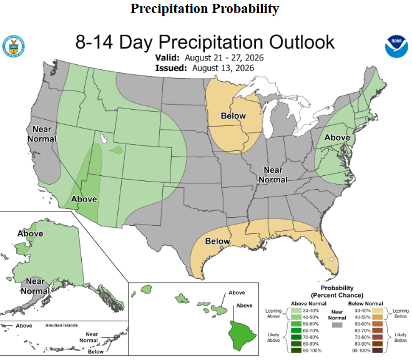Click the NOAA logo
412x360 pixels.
(x=396, y=46)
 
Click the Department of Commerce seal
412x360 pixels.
(x=14, y=46)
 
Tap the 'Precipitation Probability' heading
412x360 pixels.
(x=205, y=9)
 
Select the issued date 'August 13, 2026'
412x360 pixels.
(x=223, y=68)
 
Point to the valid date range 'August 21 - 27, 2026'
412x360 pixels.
(x=224, y=58)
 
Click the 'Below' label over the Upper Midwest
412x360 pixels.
(x=233, y=116)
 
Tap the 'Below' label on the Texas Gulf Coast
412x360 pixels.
(x=218, y=241)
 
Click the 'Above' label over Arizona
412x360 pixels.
(x=84, y=199)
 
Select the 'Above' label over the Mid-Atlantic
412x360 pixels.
(x=337, y=138)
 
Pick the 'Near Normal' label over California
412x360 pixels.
(x=42, y=134)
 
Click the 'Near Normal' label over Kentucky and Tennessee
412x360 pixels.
(x=273, y=175)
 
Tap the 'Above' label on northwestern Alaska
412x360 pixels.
(x=30, y=233)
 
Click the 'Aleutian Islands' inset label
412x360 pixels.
(x=61, y=325)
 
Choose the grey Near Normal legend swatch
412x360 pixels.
(x=337, y=325)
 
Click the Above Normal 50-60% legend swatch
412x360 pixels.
(x=296, y=324)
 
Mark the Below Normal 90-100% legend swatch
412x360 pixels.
(x=377, y=351)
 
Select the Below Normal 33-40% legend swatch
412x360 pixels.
(x=377, y=311)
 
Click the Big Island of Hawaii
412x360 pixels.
(x=241, y=335)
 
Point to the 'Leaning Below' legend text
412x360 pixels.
(x=401, y=314)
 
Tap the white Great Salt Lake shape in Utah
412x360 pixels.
(x=104, y=138)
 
